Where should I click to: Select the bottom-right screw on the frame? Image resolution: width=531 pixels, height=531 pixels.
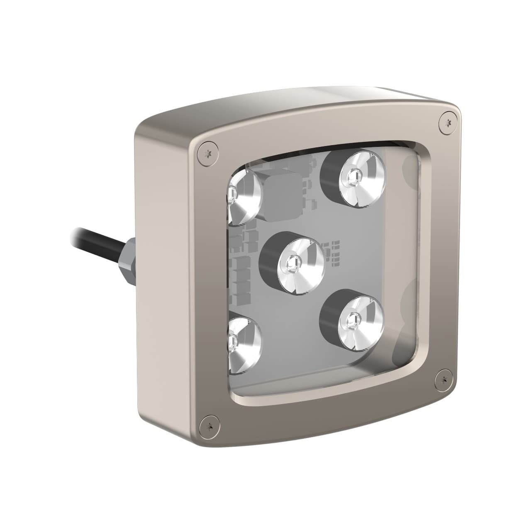click(x=444, y=378)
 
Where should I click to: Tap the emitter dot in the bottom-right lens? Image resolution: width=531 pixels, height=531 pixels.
click(x=352, y=319)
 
